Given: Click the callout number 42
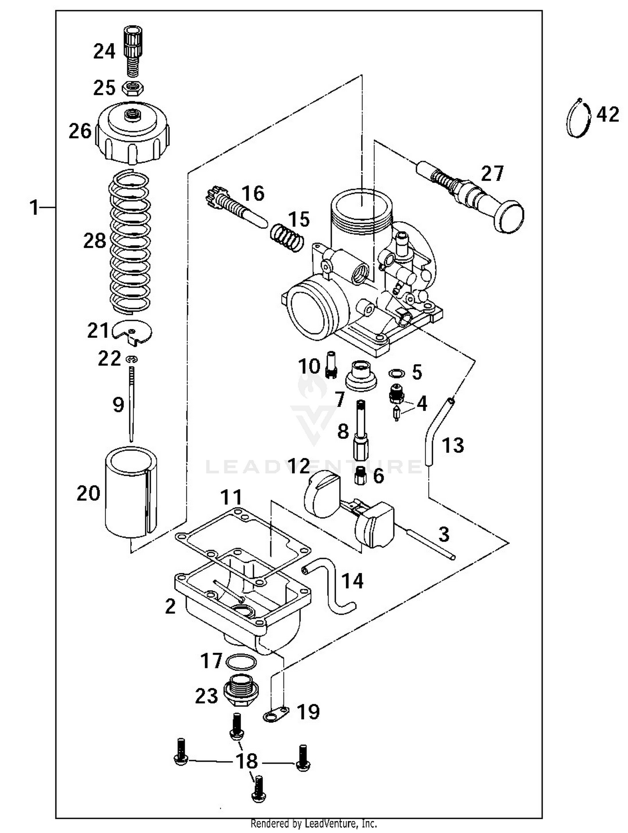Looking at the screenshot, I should click(607, 114).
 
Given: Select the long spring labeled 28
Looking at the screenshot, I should click(130, 242).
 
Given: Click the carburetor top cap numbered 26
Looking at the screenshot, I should click(132, 133).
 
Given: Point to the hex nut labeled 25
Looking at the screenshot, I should click(133, 89).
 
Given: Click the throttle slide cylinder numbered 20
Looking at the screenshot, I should click(131, 492).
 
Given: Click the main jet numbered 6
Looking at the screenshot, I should click(360, 476).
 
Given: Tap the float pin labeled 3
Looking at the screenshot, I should click(431, 543).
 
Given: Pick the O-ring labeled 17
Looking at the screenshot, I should click(241, 662).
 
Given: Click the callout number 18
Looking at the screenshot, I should click(247, 761).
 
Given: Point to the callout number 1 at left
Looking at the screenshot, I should click(34, 208).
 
